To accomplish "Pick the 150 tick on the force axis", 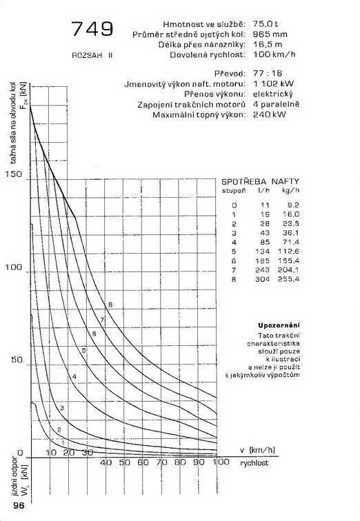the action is pyautogui.click(x=14, y=174).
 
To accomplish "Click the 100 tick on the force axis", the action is pyautogui.click(x=14, y=267).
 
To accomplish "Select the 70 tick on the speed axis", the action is pyautogui.click(x=162, y=462).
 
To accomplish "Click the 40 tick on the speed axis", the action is pyautogui.click(x=106, y=462).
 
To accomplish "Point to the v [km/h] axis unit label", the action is pyautogui.click(x=258, y=449).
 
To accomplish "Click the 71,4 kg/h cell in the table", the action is pyautogui.click(x=291, y=243).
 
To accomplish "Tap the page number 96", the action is pyautogui.click(x=18, y=506).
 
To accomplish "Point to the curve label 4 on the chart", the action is pyautogui.click(x=74, y=376).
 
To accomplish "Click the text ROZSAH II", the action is pyautogui.click(x=91, y=54).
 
